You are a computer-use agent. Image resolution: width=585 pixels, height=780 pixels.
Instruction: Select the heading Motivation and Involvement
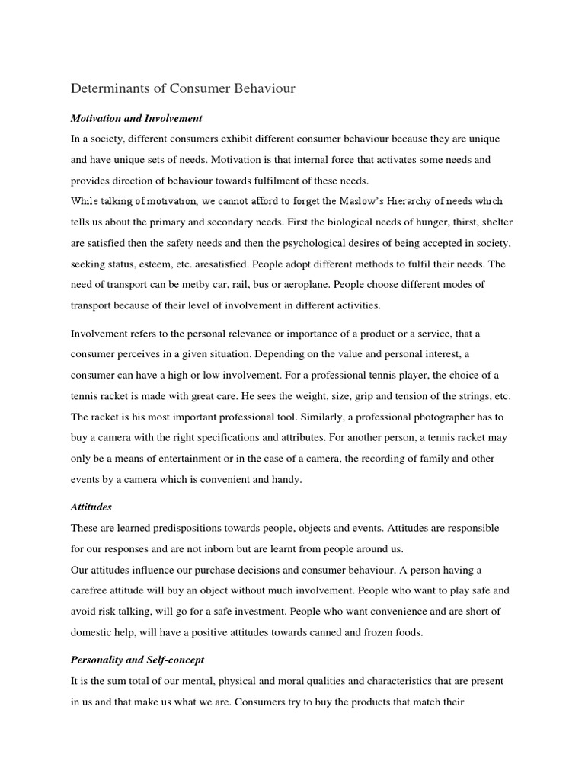point(136,118)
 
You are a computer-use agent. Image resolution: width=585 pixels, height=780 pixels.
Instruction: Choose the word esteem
point(176,264)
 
